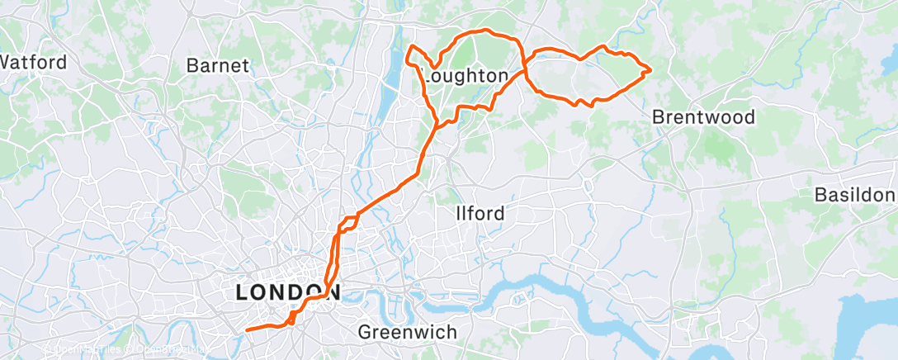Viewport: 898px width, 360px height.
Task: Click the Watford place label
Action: click(x=33, y=62)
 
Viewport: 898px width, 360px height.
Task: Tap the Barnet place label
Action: click(x=218, y=66)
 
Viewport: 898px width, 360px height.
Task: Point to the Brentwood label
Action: click(x=703, y=117)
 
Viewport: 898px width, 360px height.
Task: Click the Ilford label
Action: click(x=480, y=214)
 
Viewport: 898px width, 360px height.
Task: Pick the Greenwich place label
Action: click(x=407, y=332)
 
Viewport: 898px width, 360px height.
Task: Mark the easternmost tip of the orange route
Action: click(x=651, y=69)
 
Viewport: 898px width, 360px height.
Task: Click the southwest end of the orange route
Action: click(x=247, y=330)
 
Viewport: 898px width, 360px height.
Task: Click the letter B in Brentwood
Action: click(x=658, y=117)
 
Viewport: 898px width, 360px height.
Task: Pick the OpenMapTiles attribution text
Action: click(x=83, y=350)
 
